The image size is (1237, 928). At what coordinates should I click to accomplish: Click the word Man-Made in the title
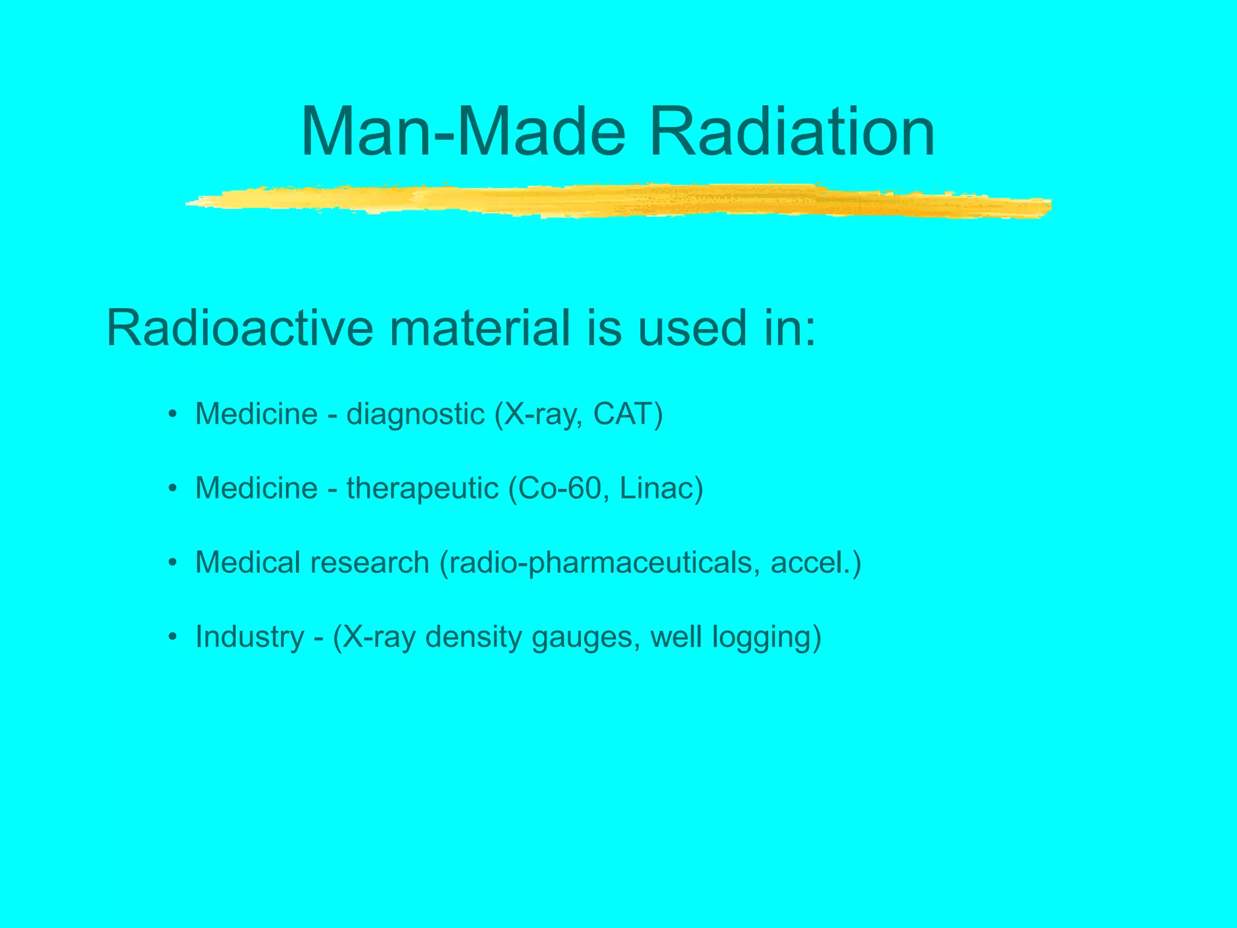point(463,132)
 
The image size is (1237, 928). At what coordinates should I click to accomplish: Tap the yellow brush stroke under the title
point(616,201)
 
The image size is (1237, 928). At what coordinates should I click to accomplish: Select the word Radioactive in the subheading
point(240,328)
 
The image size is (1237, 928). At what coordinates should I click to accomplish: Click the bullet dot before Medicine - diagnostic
point(173,414)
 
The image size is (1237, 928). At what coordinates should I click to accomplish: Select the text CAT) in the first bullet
point(628,414)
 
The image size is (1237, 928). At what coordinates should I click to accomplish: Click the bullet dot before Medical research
point(173,563)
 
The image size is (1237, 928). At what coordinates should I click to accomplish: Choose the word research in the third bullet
point(369,562)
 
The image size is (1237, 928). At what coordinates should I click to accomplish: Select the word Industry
point(250,637)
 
